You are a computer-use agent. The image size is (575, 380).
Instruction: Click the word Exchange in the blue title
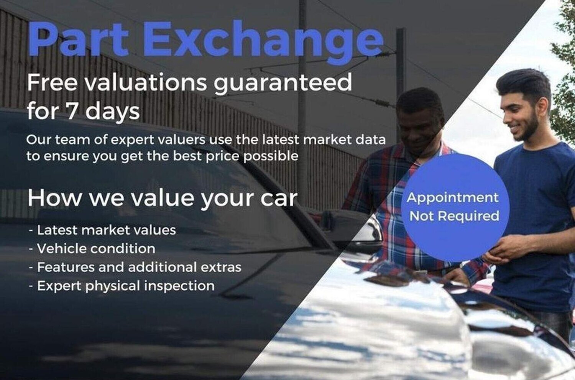coord(263,41)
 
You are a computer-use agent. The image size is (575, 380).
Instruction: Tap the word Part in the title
coord(78,38)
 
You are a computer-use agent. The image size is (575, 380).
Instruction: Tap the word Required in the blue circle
coord(468,215)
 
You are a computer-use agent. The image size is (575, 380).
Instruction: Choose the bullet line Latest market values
coord(102,230)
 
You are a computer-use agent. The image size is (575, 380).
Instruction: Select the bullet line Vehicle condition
coord(92,248)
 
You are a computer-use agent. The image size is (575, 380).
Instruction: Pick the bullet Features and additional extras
coord(135,267)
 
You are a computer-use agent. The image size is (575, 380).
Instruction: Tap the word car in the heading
coord(279,199)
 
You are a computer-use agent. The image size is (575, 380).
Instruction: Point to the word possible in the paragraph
coord(271,156)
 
